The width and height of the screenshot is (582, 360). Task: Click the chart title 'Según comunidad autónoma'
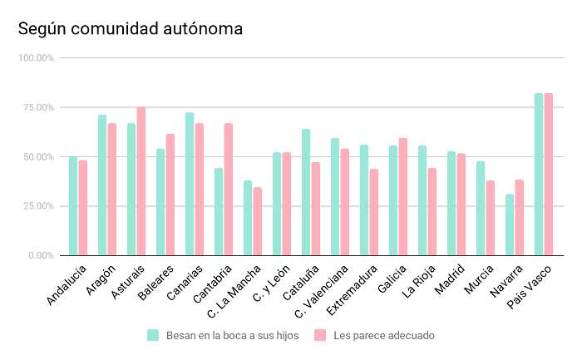[131, 29]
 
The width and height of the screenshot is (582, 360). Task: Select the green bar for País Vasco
[539, 175]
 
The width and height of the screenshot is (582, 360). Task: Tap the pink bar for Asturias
[141, 181]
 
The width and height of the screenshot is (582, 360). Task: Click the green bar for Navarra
[510, 224]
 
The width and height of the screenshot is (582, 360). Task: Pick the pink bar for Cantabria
[229, 190]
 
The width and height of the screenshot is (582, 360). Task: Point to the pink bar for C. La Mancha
[258, 221]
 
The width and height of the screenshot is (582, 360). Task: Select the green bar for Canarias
[190, 184]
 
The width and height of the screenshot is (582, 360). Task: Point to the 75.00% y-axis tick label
[37, 107]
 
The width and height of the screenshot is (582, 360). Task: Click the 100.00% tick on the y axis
[36, 58]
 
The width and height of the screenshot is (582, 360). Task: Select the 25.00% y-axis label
[37, 205]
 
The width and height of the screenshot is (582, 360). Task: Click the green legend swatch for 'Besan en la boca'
[153, 335]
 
